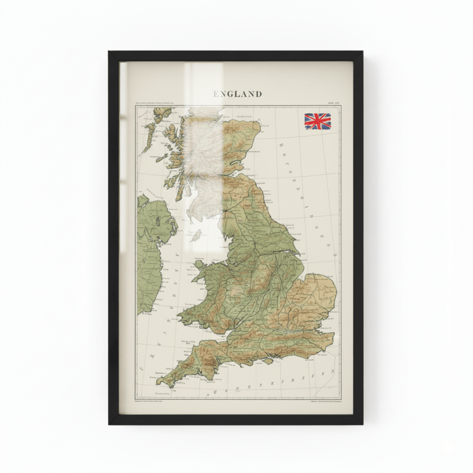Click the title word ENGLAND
pyautogui.click(x=237, y=94)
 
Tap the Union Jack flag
pyautogui.click(x=317, y=121)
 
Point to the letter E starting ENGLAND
pyautogui.click(x=216, y=94)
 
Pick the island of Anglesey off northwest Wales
pyautogui.click(x=199, y=265)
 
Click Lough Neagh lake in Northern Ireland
pyautogui.click(x=158, y=221)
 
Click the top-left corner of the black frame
pyautogui.click(x=109, y=52)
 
